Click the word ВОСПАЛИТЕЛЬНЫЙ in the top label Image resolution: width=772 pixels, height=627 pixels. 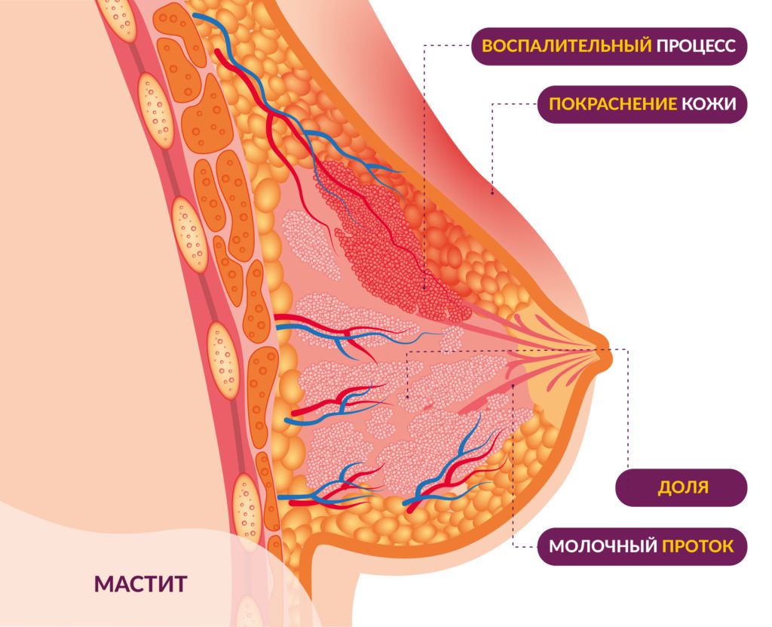pos(567,46)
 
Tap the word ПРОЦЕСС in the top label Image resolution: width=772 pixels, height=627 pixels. pos(695,46)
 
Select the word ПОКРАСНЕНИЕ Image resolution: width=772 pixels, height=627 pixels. pos(613,104)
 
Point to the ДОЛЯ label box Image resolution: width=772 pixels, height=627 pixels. pos(682,487)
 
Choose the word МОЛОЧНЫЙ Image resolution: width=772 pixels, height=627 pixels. pos(603,546)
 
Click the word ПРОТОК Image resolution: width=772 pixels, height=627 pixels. pos(697,546)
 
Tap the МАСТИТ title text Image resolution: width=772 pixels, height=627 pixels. pos(140,583)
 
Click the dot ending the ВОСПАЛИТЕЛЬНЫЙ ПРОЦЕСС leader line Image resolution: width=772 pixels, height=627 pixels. pos(424,287)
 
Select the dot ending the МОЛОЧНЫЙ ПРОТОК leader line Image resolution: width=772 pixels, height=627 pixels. pos(513,385)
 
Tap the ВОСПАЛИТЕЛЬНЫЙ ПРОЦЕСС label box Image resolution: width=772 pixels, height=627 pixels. pos(608,46)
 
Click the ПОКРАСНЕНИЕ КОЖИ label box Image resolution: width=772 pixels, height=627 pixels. pos(642,104)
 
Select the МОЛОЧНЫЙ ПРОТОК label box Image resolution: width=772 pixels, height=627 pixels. pos(642,546)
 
